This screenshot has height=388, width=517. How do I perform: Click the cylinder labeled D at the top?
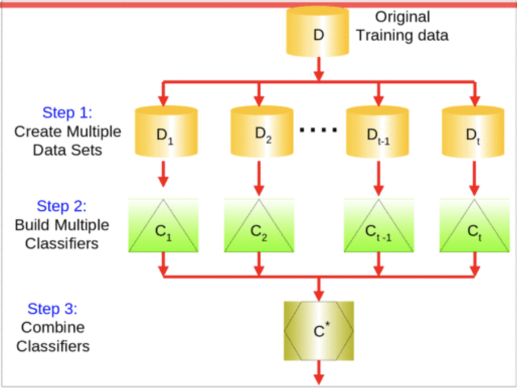[318, 33]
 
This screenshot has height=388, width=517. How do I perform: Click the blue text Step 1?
[67, 112]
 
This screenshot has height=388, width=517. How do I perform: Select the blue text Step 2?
[62, 206]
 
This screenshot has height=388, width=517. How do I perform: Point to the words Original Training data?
[402, 26]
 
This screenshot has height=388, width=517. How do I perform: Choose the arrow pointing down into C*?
[318, 289]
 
